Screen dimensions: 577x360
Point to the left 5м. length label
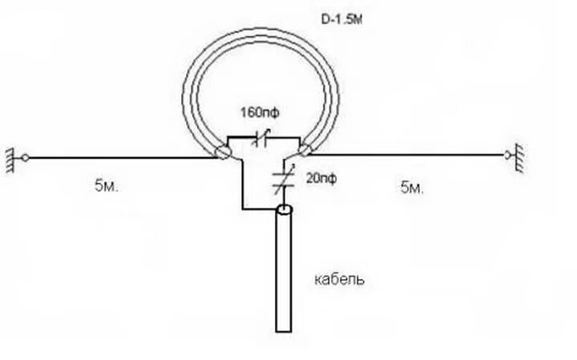(x=107, y=187)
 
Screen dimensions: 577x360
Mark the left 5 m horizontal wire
(x=120, y=156)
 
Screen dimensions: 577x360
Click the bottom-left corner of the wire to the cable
(x=242, y=210)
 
